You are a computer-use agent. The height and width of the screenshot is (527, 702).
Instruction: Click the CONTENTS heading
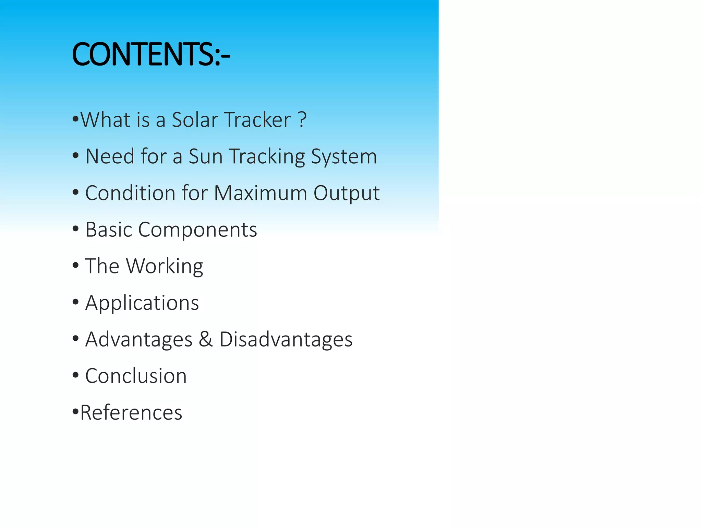click(151, 54)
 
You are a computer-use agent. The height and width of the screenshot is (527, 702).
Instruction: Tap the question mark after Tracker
click(302, 120)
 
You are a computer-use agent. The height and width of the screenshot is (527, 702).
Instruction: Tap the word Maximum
click(260, 193)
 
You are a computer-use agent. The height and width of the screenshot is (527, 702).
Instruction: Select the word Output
click(346, 194)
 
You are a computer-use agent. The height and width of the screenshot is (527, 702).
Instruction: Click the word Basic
click(109, 230)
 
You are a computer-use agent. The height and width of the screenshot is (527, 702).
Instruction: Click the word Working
click(165, 267)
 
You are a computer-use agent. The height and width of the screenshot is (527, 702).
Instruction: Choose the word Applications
click(142, 303)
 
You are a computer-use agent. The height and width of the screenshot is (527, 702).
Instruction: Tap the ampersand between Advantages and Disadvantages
click(206, 339)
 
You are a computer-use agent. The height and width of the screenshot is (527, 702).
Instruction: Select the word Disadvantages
click(286, 340)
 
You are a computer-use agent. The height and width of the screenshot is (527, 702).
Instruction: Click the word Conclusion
click(136, 376)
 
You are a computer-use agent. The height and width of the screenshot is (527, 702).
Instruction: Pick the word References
click(131, 412)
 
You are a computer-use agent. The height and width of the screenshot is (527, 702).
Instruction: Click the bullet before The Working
click(76, 265)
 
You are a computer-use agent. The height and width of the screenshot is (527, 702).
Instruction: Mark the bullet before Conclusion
click(76, 375)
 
